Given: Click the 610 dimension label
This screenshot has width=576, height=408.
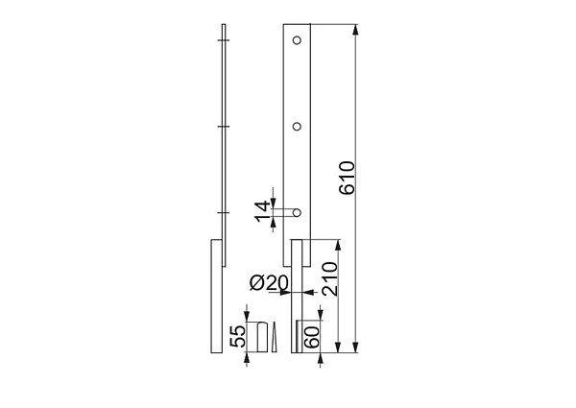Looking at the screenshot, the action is tap(348, 178).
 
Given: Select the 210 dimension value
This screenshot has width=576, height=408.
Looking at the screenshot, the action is tap(329, 278).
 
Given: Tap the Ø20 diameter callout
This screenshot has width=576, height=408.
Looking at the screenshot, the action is tap(269, 283).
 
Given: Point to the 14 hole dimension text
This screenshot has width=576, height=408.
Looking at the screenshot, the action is tap(262, 211).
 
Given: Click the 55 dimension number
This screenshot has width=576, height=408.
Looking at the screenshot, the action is tap(238, 336).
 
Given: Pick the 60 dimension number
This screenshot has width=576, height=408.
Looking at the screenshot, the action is tap(311, 338).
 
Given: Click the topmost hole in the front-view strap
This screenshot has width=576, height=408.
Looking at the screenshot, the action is tap(297, 40).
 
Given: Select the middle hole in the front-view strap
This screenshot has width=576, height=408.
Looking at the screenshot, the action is tap(297, 127).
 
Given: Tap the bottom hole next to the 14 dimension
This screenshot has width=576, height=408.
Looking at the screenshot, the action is tap(297, 212).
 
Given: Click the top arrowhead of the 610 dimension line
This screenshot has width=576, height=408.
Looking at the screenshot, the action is tap(355, 30).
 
